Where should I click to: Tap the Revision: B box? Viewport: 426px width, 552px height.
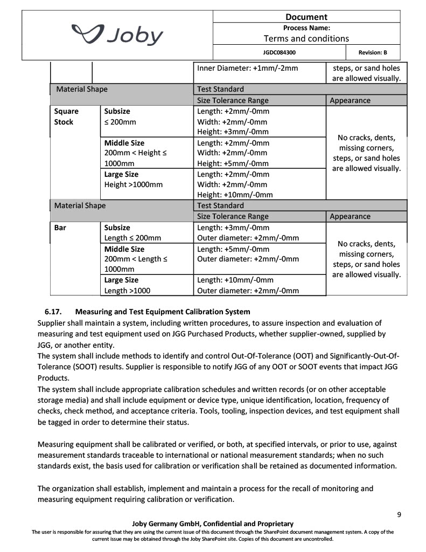pyautogui.click(x=372, y=53)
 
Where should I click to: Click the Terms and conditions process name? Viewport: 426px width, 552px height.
pyautogui.click(x=306, y=38)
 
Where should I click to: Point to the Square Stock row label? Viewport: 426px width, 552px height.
pyautogui.click(x=66, y=116)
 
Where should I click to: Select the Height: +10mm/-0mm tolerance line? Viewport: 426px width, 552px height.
pyautogui.click(x=235, y=195)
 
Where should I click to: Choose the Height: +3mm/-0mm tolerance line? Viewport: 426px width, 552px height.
pyautogui.click(x=233, y=132)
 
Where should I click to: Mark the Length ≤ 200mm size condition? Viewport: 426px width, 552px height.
pyautogui.click(x=132, y=238)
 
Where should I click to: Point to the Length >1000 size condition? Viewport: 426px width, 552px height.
pyautogui.click(x=127, y=291)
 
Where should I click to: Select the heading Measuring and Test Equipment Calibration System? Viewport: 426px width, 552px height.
pyautogui.click(x=163, y=312)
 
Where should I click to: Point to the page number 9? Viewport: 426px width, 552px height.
pyautogui.click(x=399, y=514)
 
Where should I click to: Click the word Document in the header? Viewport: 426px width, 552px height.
pyautogui.click(x=306, y=17)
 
